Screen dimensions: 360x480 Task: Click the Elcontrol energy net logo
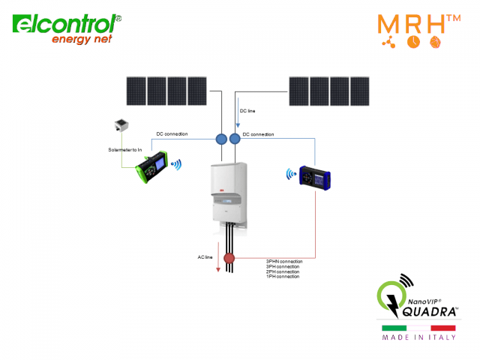[x=66, y=28]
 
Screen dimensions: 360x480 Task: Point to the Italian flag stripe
[x=418, y=328]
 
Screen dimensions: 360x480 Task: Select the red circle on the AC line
[x=229, y=259]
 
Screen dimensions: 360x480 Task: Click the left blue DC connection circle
[x=221, y=139]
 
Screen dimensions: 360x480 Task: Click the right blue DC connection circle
[x=235, y=139]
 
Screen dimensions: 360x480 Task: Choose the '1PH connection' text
[x=282, y=277]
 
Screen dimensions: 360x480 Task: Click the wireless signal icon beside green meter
[x=177, y=163]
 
